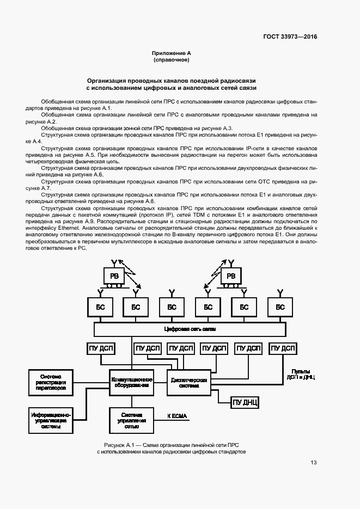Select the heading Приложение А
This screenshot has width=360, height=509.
(x=172, y=53)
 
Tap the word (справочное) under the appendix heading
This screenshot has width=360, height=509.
(x=172, y=60)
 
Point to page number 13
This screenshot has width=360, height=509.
(x=314, y=463)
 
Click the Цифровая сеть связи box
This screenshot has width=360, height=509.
(x=190, y=329)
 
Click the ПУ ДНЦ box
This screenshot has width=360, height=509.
(x=245, y=403)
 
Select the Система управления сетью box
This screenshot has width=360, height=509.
(x=131, y=420)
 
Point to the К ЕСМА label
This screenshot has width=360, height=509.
(x=176, y=416)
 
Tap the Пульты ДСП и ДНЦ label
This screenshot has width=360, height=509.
(x=301, y=374)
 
